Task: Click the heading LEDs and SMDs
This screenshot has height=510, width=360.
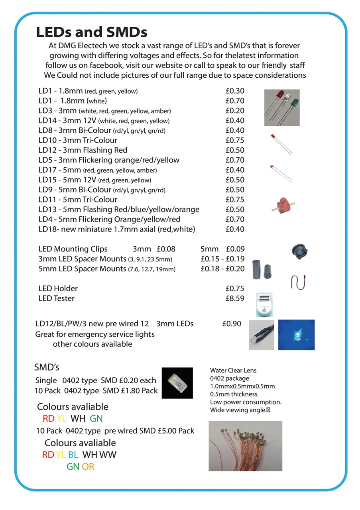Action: (x=92, y=32)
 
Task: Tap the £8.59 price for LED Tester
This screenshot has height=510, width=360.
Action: (x=235, y=298)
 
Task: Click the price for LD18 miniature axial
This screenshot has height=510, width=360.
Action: (x=235, y=229)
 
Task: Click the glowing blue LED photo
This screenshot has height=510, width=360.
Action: (x=296, y=335)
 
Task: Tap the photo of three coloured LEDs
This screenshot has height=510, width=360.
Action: (x=282, y=108)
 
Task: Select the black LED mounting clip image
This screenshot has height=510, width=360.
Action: (x=300, y=251)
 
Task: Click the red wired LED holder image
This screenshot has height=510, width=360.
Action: (x=294, y=282)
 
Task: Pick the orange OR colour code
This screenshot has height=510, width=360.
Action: (x=88, y=466)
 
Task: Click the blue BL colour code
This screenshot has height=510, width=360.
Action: (x=73, y=455)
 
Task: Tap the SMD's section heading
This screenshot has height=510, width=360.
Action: (x=47, y=367)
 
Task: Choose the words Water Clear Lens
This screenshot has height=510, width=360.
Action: (x=233, y=371)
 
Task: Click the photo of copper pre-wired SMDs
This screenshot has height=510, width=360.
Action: (x=245, y=446)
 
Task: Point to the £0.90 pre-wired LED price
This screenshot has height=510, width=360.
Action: (x=232, y=324)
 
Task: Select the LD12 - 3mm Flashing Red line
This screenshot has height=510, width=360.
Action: (x=83, y=150)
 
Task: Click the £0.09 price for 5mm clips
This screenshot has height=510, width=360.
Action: (x=235, y=249)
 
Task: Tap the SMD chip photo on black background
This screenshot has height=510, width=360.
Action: (x=177, y=382)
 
